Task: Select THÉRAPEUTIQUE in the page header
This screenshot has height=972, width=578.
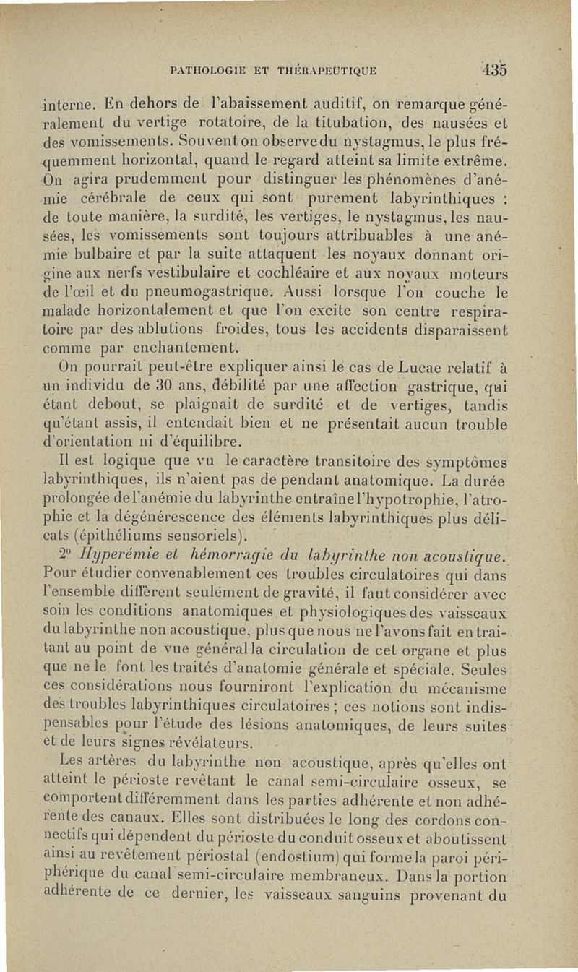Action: point(340,71)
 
